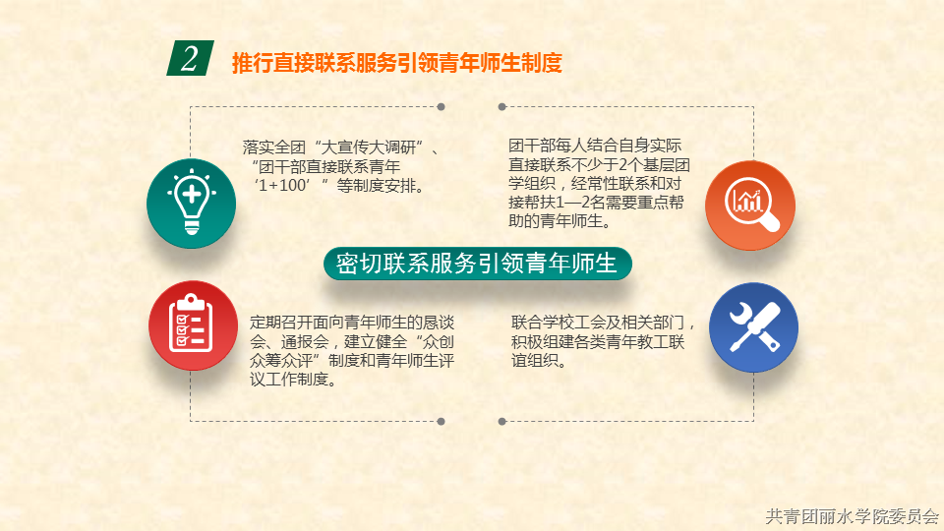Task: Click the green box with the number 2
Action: point(190,58)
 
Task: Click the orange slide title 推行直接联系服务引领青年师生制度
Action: point(396,63)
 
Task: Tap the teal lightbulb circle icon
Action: point(192,204)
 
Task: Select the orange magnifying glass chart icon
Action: point(750,206)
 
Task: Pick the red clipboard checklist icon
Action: point(194,325)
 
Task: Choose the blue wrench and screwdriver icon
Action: point(753,327)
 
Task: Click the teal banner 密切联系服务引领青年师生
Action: point(478,264)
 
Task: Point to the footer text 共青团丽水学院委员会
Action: point(852,516)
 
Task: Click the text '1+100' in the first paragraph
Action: point(282,186)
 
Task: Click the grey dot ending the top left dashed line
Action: point(442,106)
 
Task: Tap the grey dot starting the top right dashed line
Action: point(502,106)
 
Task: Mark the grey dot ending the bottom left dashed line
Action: point(442,422)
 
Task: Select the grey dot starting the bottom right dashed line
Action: point(502,422)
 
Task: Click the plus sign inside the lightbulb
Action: point(192,194)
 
